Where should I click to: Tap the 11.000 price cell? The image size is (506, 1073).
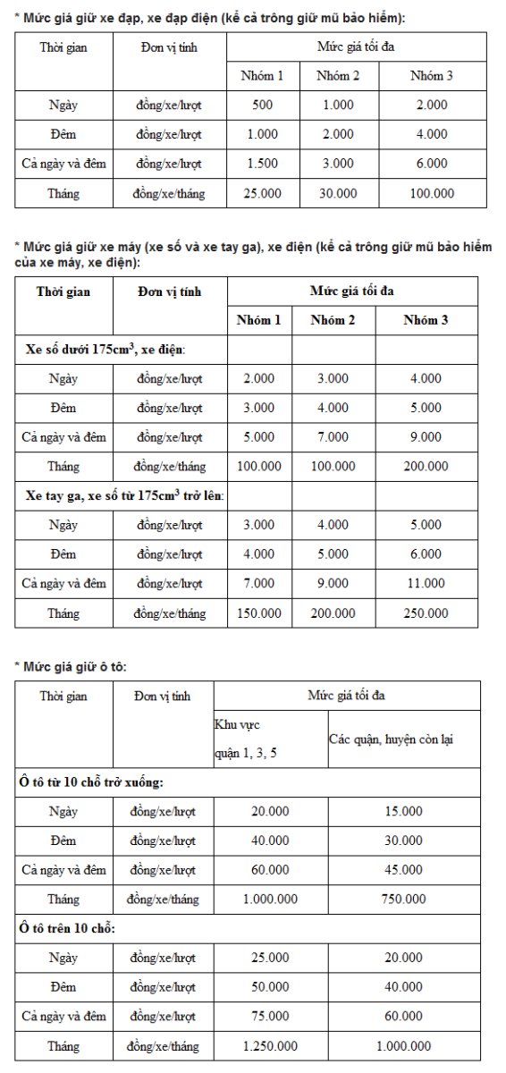click(426, 584)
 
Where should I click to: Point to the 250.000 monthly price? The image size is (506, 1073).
click(426, 613)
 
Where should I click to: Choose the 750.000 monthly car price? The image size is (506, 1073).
click(403, 899)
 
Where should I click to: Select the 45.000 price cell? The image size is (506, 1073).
click(403, 870)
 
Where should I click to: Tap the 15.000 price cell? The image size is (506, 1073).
click(403, 811)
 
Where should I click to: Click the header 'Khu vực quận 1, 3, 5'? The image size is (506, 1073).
click(245, 739)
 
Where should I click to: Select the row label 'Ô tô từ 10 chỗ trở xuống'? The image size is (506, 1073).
click(91, 782)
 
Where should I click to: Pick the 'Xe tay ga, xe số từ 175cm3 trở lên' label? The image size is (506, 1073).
click(124, 495)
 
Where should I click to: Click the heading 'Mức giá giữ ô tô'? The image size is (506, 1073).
click(79, 666)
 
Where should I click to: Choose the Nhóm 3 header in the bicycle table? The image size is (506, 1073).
click(432, 76)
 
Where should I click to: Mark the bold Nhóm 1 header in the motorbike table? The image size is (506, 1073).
click(258, 321)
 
